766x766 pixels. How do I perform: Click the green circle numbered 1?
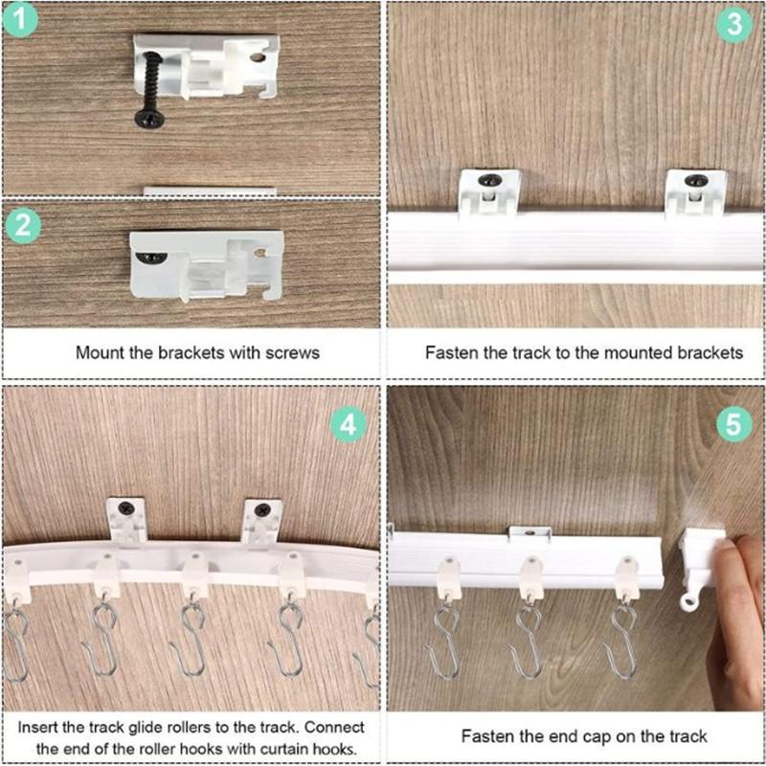point(21,22)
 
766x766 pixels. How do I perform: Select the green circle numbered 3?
point(733,26)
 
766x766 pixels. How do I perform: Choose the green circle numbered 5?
point(733,424)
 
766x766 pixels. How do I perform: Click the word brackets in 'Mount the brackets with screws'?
point(196,352)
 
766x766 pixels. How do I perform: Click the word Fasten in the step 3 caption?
point(447,352)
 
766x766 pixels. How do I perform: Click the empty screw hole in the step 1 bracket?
point(257,57)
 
